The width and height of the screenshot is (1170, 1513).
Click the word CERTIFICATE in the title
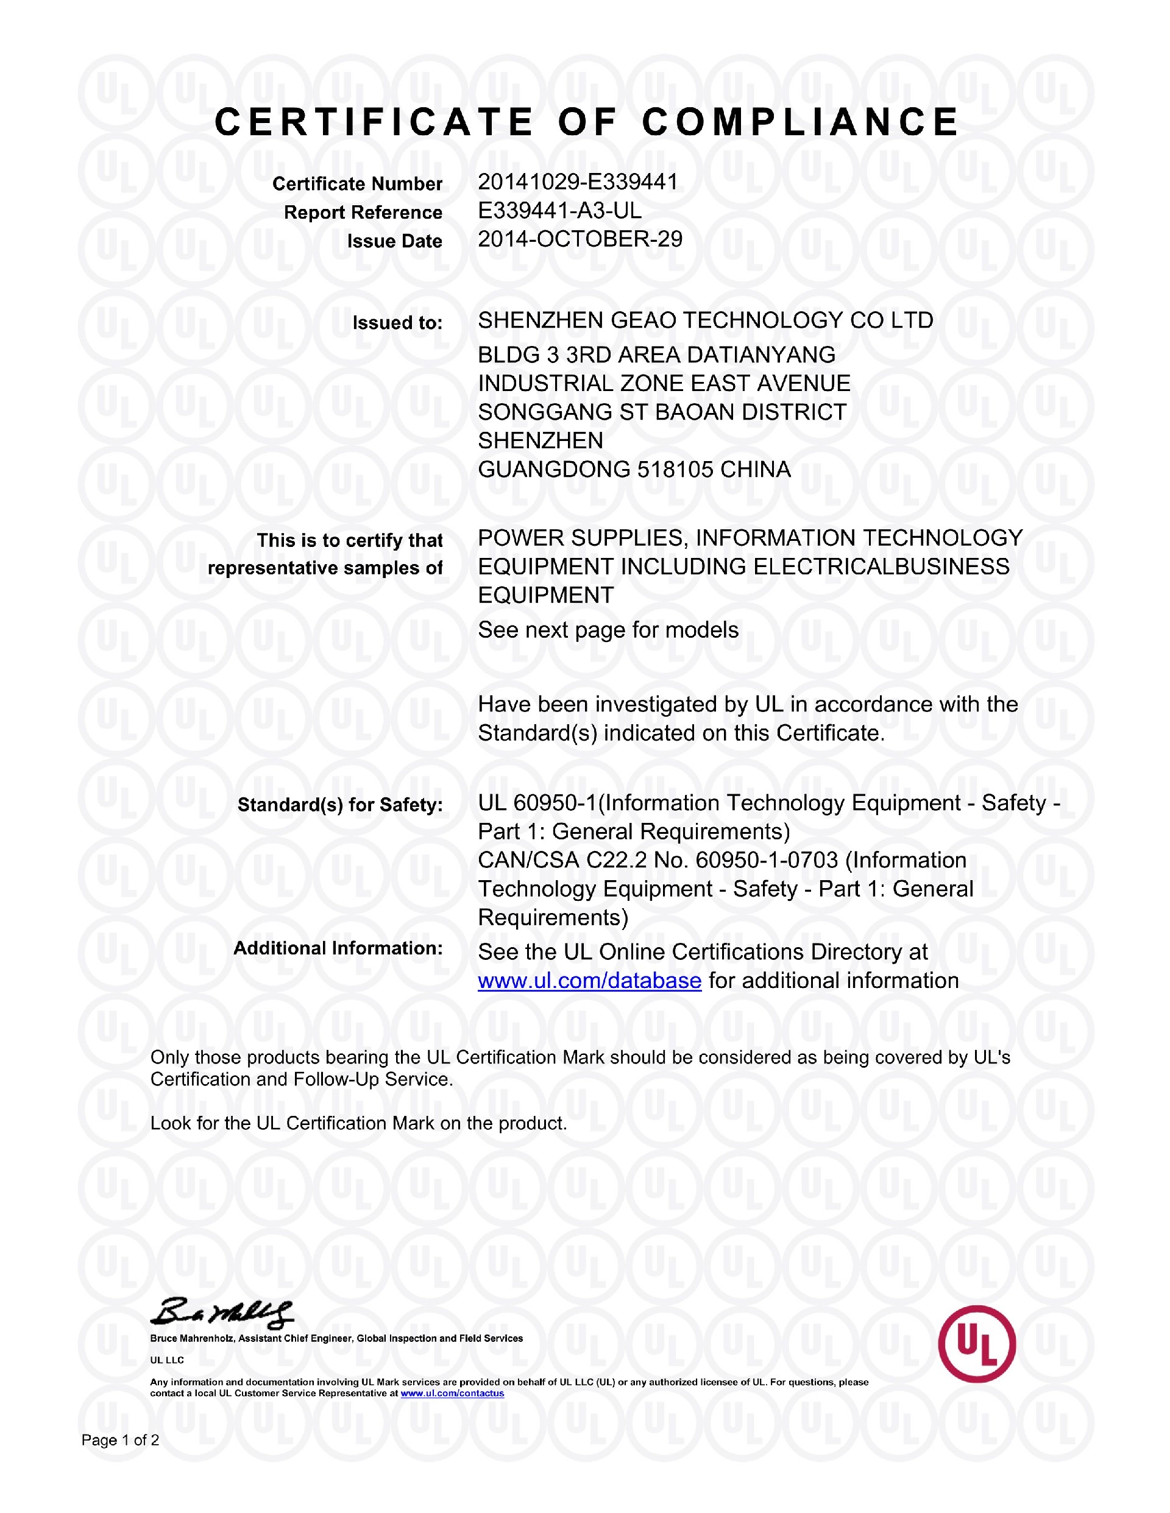click(374, 122)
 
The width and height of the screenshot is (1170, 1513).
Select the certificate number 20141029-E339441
click(577, 182)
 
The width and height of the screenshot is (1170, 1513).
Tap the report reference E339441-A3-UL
click(559, 211)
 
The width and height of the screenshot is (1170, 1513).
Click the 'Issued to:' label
click(397, 323)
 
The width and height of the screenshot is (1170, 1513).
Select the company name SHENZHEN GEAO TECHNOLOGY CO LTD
click(706, 321)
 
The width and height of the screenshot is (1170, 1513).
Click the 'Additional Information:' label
click(338, 948)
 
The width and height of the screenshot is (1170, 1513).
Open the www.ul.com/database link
click(589, 981)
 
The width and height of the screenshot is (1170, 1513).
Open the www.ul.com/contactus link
click(452, 1393)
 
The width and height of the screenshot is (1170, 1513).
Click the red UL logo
click(977, 1344)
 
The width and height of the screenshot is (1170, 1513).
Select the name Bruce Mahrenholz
click(192, 1338)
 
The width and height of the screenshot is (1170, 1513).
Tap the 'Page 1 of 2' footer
click(121, 1441)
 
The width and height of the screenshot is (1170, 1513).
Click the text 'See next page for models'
click(608, 630)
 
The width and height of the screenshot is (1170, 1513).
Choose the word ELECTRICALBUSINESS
click(881, 566)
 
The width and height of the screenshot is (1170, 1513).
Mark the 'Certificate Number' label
click(357, 185)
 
